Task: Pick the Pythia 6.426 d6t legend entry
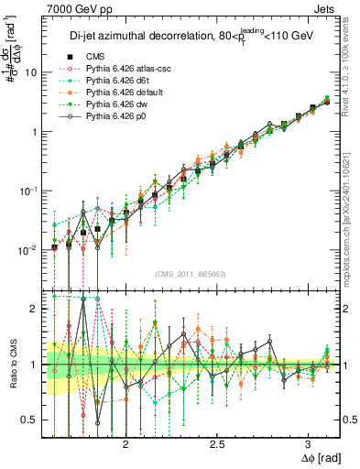pos(117,81)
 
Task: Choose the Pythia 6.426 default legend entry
pos(123,93)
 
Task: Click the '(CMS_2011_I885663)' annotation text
pos(191,274)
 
